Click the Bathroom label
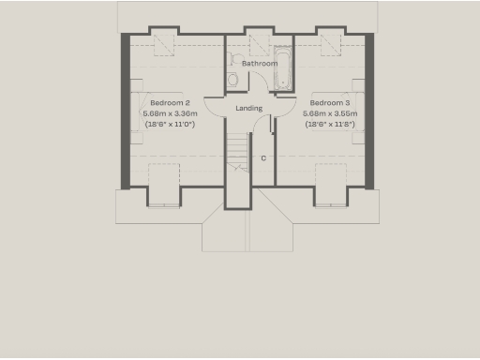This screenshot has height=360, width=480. click(x=260, y=64)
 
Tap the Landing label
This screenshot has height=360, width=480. click(x=249, y=108)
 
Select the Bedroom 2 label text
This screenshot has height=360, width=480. click(x=170, y=102)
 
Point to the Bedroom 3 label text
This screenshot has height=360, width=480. click(x=330, y=102)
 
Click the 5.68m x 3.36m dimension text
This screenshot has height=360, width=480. click(x=170, y=112)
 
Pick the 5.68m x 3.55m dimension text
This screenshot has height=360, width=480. click(x=330, y=112)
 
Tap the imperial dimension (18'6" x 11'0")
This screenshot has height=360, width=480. click(x=170, y=123)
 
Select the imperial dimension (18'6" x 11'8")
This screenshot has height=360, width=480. click(x=330, y=123)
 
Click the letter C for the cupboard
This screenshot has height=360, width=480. click(x=263, y=157)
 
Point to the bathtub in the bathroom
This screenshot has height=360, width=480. click(x=282, y=71)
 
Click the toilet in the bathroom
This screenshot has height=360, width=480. click(x=232, y=79)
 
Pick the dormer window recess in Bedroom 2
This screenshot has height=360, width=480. click(x=165, y=183)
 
